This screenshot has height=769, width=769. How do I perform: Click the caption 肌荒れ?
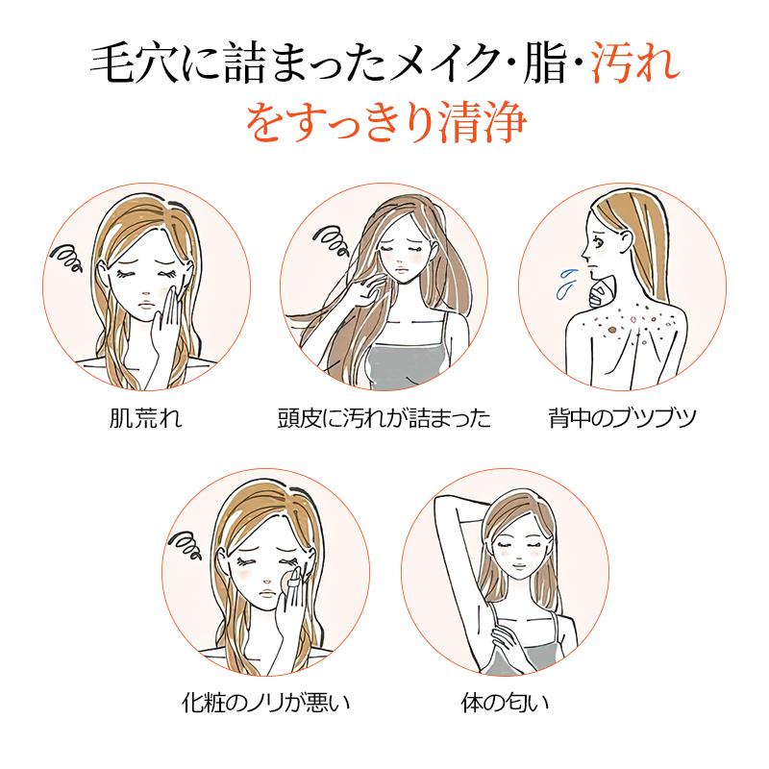(x=146, y=418)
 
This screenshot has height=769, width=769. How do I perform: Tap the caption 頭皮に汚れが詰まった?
(x=384, y=418)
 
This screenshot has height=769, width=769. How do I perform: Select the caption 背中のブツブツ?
(x=622, y=418)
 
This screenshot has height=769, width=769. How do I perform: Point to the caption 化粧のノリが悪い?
(x=266, y=703)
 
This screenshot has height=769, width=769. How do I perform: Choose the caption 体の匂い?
(x=505, y=703)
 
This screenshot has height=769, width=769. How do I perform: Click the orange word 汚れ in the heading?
(x=636, y=63)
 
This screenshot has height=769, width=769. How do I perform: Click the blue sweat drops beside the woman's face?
(x=565, y=283)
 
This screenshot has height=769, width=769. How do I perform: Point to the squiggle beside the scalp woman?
(x=332, y=238)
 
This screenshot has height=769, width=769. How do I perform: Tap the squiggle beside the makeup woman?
(x=186, y=545)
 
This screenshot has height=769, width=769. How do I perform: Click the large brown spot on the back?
(x=611, y=331)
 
